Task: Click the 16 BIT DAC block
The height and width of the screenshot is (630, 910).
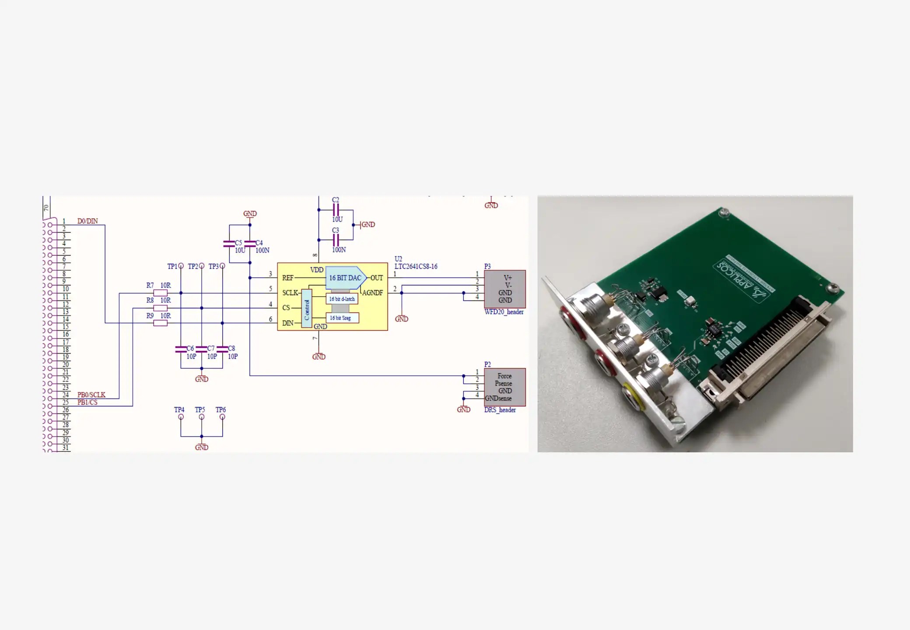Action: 345,278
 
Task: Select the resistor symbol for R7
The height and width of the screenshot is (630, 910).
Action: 161,293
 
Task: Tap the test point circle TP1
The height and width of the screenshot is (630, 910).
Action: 181,266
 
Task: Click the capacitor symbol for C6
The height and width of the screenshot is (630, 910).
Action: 181,349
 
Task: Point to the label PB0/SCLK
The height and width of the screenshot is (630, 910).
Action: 91,395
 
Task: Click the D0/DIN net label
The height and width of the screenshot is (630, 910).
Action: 87,221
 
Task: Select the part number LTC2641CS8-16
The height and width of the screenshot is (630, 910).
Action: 416,266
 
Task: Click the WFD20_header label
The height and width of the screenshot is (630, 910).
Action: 504,312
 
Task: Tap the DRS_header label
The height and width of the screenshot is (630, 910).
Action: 500,410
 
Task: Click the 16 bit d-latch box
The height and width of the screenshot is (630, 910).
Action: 342,299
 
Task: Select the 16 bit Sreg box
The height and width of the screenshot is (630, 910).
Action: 342,318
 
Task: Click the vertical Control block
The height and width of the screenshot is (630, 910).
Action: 307,308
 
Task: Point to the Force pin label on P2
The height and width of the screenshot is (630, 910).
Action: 504,376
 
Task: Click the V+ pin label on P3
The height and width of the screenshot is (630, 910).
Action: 507,278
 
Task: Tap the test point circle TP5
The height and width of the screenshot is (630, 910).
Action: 202,417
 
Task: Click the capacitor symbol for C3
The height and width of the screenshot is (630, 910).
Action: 336,240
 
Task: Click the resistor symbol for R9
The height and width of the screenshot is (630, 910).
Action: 161,323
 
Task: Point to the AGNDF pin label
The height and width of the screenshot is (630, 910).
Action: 372,293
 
